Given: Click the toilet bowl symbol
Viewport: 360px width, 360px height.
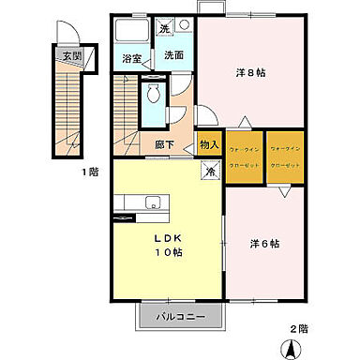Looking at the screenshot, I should point(152,94).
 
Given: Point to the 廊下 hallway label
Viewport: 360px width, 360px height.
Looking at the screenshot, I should point(165,145).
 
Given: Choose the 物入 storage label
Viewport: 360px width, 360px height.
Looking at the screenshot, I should point(208,145).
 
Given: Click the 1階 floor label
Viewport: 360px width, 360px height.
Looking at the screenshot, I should point(89,172).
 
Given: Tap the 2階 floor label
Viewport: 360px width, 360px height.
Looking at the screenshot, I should point(298,328).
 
